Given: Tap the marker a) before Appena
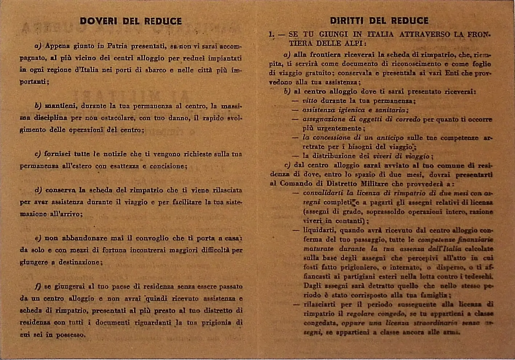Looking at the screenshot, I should tap(38, 46).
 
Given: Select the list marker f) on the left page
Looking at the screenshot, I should tap(38, 286).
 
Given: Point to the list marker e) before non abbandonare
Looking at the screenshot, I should tap(38, 238).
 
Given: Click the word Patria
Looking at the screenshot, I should tap(117, 46).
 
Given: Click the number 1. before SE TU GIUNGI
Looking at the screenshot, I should tap(271, 35).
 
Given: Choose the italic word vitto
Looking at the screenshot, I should tap(310, 101).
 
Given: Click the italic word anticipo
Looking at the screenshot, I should tap(390, 138).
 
